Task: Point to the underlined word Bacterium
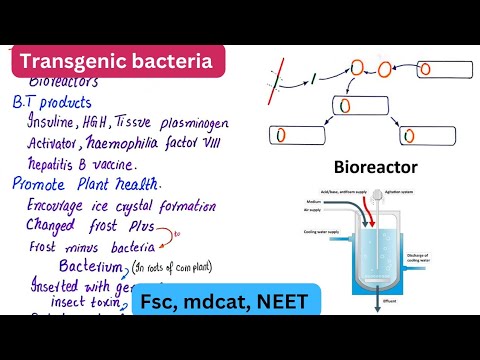tap(90, 267)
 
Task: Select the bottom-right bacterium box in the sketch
tap(423, 134)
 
